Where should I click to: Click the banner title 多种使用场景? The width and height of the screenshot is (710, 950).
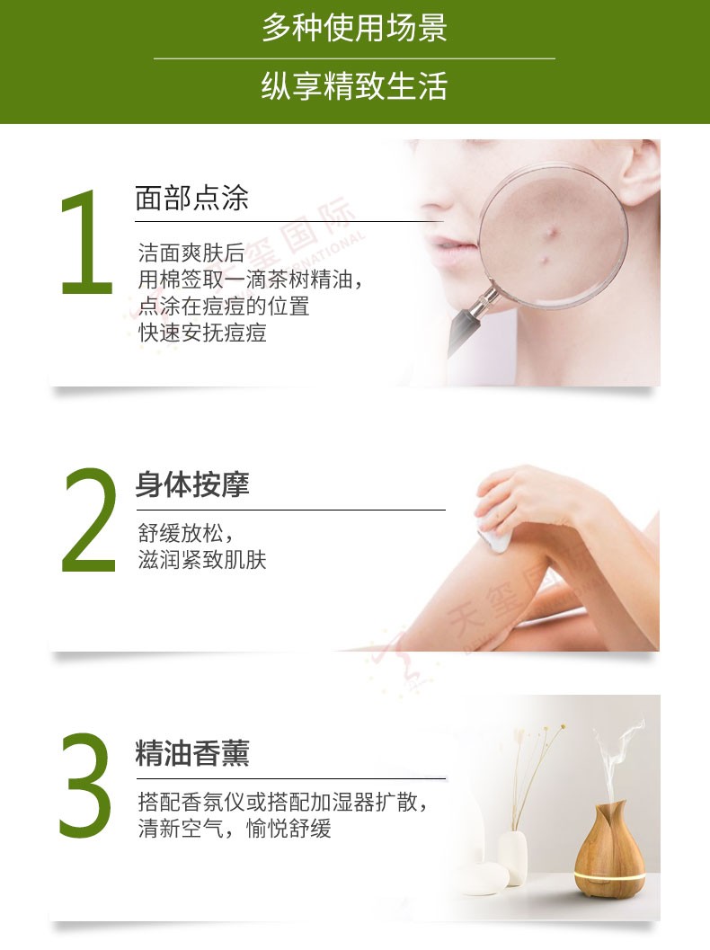click(x=354, y=28)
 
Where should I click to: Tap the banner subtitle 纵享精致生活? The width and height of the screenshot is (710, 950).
click(x=354, y=85)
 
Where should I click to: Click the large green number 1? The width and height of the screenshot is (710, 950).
click(x=87, y=243)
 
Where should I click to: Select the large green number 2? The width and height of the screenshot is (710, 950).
click(x=89, y=519)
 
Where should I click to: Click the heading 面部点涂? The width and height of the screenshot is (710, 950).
click(x=191, y=198)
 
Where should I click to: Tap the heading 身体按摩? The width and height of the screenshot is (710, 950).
click(x=192, y=484)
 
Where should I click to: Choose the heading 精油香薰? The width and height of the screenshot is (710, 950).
click(x=192, y=753)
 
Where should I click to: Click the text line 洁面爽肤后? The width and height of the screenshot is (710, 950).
click(x=191, y=252)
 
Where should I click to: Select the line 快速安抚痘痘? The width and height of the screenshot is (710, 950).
click(x=202, y=333)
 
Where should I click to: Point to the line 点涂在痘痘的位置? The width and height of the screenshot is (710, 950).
click(x=224, y=306)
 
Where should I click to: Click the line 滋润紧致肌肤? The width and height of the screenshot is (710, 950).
click(x=202, y=560)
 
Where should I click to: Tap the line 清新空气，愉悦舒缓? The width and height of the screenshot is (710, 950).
click(x=235, y=829)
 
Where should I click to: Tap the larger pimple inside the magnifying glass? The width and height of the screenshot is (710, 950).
click(x=552, y=232)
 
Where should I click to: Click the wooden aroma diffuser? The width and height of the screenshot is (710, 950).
click(x=608, y=848)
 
